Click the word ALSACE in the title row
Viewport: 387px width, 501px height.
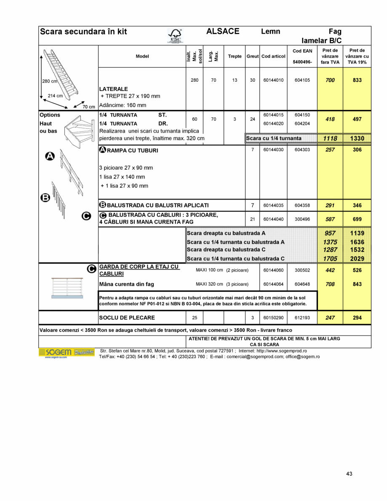[x=223, y=32]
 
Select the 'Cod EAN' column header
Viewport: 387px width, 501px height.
[x=302, y=51]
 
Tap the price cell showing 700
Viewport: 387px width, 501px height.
[x=330, y=80]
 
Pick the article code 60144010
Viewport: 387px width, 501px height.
[x=273, y=80]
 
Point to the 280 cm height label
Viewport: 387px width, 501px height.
[x=49, y=81]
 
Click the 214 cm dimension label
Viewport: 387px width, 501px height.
[x=55, y=96]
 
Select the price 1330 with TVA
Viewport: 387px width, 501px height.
[x=357, y=139]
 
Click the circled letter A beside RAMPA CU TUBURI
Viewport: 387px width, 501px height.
[x=102, y=150]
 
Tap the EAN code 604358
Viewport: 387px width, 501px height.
[x=302, y=205]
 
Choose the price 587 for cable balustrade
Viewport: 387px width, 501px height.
[x=330, y=219]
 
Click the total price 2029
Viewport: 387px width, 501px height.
[x=357, y=258]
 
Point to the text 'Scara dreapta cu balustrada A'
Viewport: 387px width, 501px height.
[x=226, y=233]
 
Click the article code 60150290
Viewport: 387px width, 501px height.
[x=273, y=318]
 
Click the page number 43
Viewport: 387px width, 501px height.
[x=349, y=474]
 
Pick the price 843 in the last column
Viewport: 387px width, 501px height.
[x=357, y=284]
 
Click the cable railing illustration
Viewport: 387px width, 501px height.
[x=67, y=288]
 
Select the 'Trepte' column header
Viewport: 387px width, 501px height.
[x=235, y=56]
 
